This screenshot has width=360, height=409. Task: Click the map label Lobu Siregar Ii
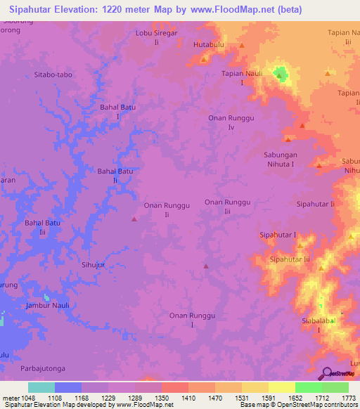coord(157,37)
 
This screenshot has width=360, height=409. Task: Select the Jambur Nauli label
coord(47,306)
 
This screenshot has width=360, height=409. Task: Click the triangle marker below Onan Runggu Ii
coord(134,219)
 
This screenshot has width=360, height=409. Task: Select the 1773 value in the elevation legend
coord(348,398)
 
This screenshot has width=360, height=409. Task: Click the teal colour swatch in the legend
coord(41,387)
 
